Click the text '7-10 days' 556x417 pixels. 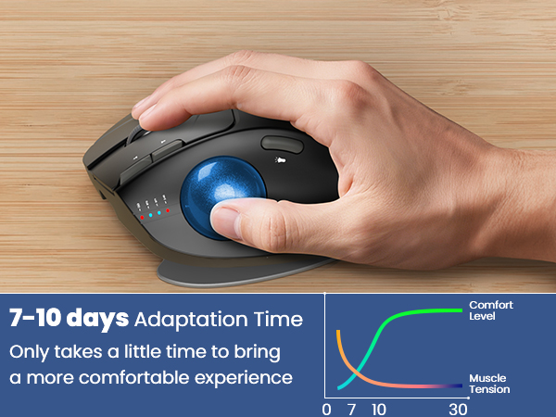tap(69, 320)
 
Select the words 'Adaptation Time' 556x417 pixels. tap(219, 321)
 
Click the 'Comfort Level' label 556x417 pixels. tap(490, 310)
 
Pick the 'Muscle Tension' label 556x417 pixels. tap(487, 385)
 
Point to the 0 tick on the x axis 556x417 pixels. tap(326, 409)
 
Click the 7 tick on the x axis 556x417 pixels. tap(350, 409)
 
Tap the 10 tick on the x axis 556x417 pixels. tap(378, 409)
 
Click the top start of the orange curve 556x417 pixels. tap(338, 331)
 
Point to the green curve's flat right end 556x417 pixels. tap(459, 310)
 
